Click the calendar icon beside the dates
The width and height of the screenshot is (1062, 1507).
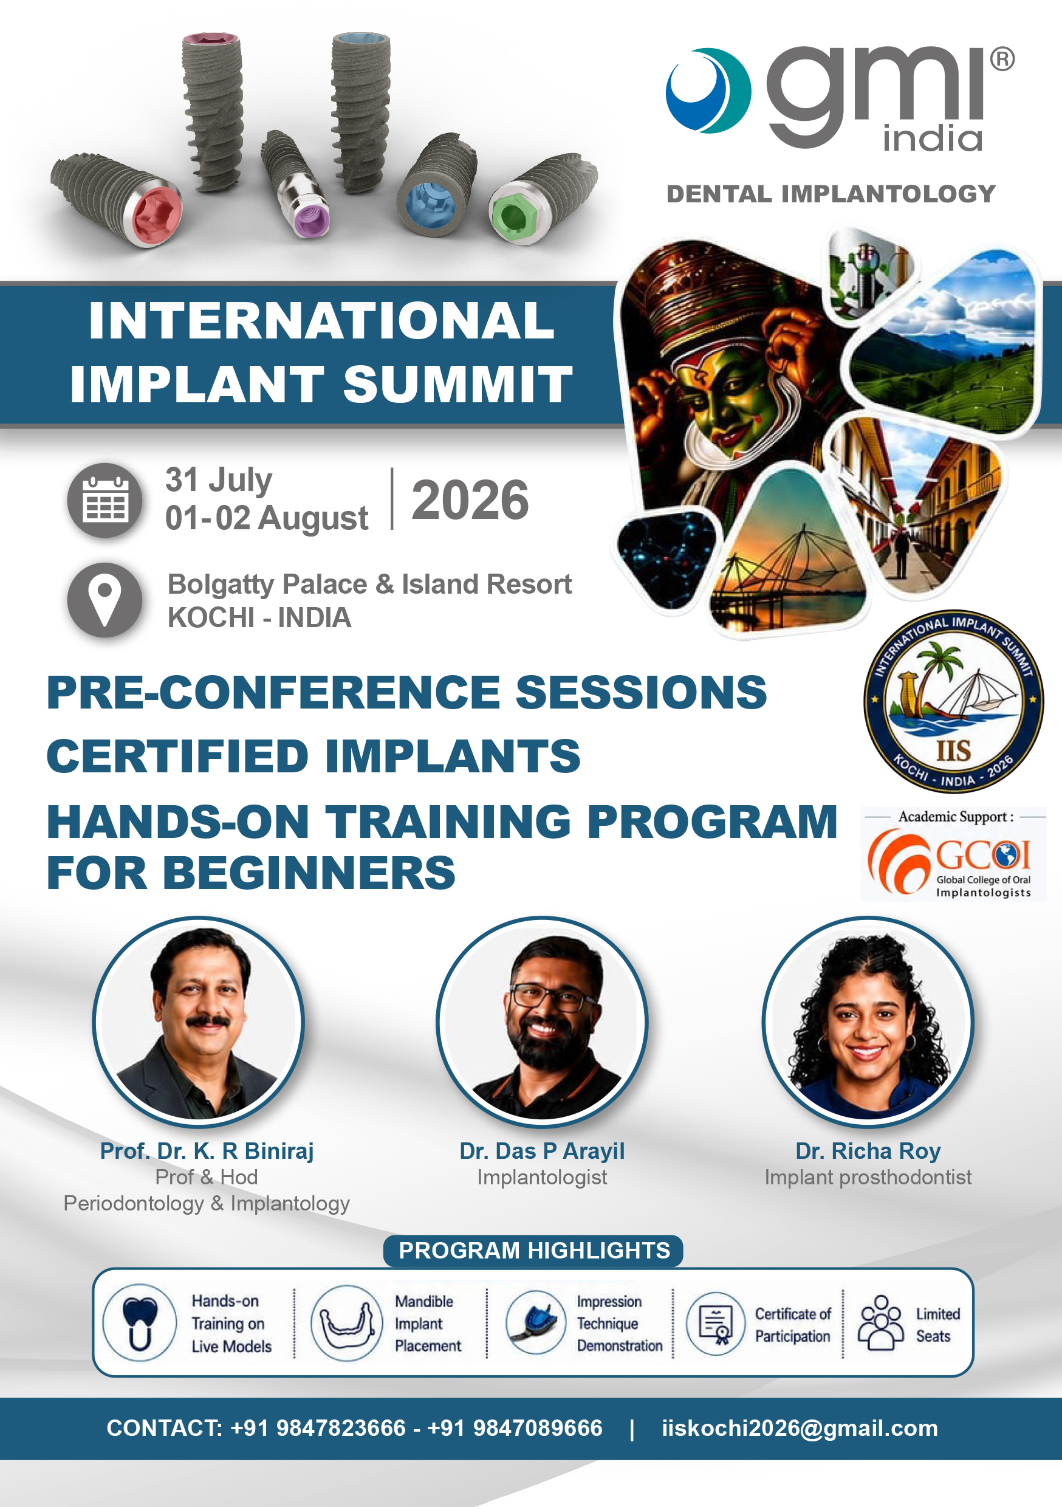(104, 500)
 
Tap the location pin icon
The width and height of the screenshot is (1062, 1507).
(104, 599)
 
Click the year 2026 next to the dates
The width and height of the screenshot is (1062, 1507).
(470, 500)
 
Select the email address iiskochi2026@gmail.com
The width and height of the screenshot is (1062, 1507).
(800, 1427)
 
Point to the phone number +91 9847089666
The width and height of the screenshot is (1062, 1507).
(515, 1427)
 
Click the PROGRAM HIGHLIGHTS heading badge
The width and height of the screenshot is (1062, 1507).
(533, 1251)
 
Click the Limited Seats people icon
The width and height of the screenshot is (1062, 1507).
(881, 1322)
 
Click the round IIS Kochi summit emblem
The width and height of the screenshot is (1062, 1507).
(953, 701)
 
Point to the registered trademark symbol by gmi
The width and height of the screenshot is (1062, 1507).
(1002, 59)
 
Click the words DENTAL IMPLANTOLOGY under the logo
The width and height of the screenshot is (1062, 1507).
(831, 194)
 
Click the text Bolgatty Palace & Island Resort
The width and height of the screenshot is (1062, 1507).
(369, 584)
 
